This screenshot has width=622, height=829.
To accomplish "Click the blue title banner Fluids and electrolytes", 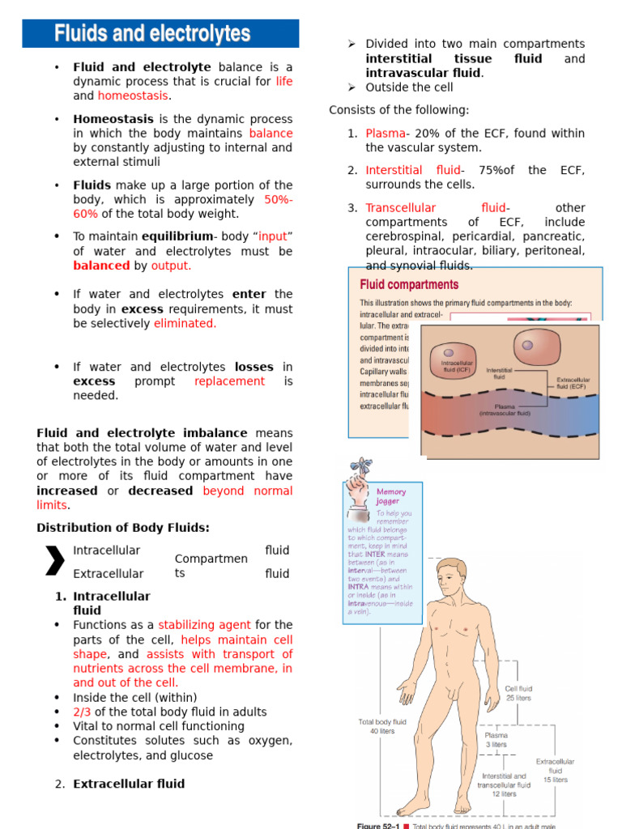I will (x=160, y=34).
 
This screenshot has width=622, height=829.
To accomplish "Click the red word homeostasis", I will (x=133, y=96).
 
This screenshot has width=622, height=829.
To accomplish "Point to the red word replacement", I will (x=229, y=380).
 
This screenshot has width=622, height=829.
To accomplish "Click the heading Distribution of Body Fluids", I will (x=123, y=528).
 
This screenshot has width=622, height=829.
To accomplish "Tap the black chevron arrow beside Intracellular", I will (x=54, y=560).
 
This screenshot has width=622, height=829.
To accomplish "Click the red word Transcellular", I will (x=400, y=208).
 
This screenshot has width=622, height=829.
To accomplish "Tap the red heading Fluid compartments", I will (x=409, y=284).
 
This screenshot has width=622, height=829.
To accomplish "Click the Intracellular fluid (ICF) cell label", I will (x=457, y=367).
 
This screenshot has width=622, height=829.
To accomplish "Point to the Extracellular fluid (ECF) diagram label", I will (x=572, y=382).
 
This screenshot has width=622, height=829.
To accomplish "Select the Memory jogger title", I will (x=391, y=496).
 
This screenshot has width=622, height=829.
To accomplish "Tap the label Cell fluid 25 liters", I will (x=518, y=693).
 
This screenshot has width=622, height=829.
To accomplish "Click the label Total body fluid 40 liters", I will (x=381, y=725).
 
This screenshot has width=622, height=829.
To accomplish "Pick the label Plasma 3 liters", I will (x=496, y=740).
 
